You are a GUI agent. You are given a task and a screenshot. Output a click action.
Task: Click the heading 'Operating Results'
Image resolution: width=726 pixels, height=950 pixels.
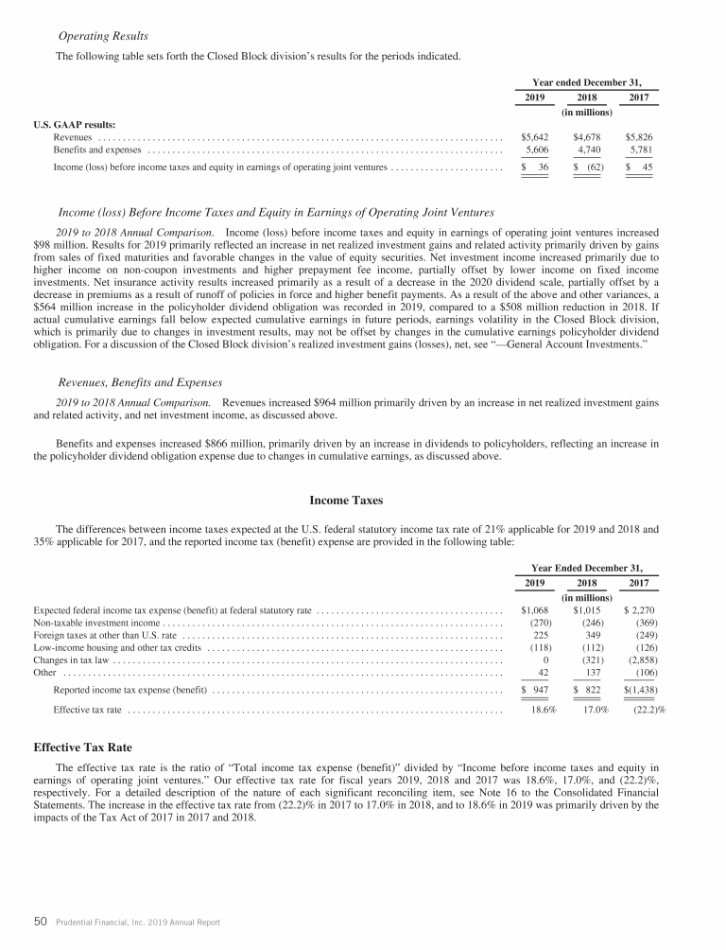point(103,36)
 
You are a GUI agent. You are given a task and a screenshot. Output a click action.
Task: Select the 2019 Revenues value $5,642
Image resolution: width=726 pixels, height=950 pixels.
point(536,137)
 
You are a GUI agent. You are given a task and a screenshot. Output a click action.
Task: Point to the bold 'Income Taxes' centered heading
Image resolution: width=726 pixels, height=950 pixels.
point(345,500)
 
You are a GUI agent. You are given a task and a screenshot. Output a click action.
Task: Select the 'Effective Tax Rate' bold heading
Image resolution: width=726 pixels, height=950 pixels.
point(83,747)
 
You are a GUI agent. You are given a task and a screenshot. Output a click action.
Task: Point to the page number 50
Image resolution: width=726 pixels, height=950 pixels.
point(42,922)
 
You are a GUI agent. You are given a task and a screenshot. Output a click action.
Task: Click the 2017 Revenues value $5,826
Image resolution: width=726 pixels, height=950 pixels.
point(640,137)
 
